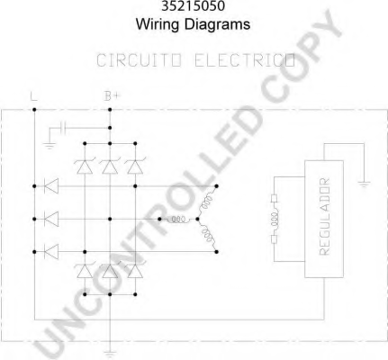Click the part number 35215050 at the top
click(x=193, y=6)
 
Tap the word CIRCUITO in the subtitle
click(x=140, y=60)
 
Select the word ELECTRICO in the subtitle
click(x=245, y=60)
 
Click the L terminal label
click(x=34, y=96)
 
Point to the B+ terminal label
click(x=112, y=96)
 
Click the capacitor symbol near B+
click(x=63, y=128)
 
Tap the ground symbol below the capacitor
click(x=50, y=146)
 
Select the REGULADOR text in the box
click(x=324, y=217)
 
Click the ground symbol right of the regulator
click(x=364, y=184)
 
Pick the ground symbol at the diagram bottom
click(x=110, y=353)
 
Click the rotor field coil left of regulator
click(x=275, y=219)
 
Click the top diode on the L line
click(x=51, y=186)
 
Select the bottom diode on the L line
click(x=51, y=252)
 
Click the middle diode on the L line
click(x=51, y=219)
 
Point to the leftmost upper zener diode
click(x=85, y=166)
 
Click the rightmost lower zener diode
click(x=135, y=271)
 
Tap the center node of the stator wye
click(x=197, y=220)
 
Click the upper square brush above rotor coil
click(x=274, y=199)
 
